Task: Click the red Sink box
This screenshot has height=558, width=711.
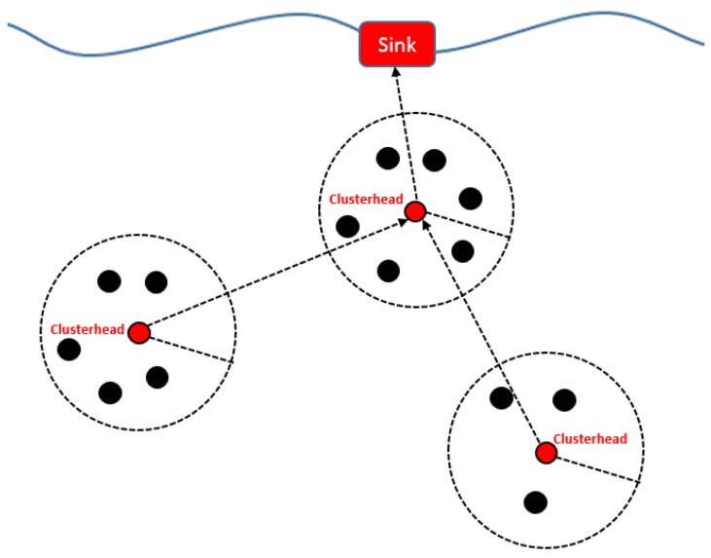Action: point(397,45)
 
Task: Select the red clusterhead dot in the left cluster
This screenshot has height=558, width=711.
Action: point(138,333)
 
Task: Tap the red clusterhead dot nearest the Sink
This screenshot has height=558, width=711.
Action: point(415,211)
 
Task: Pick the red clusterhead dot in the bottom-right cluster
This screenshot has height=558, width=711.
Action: point(545,453)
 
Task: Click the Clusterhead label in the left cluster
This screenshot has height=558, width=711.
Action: point(88,329)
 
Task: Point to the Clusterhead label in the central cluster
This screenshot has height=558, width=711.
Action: point(366,199)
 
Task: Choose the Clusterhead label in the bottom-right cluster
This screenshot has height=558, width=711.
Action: point(590,438)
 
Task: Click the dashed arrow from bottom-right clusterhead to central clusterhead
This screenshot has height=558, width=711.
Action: point(480,332)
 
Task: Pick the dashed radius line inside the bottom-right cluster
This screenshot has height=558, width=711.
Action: point(593,467)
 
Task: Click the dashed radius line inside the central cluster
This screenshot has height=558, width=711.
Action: point(464,223)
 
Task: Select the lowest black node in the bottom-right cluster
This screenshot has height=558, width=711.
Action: point(535,502)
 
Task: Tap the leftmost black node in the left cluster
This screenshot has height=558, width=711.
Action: point(69,350)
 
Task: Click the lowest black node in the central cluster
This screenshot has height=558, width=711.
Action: point(388,270)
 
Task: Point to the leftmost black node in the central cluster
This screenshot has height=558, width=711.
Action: point(347,227)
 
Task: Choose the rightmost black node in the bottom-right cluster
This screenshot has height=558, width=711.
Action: point(564,399)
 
